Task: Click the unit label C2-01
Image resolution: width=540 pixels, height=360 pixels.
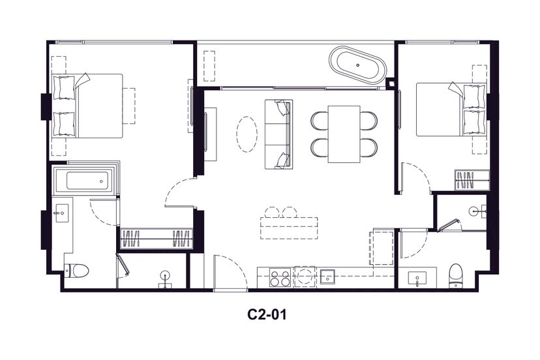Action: coord(267,314)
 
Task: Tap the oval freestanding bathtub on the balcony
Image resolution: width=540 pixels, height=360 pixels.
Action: coord(358,65)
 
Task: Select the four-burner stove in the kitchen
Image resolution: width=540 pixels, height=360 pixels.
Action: coord(280,278)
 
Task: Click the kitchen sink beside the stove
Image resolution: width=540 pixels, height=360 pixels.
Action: coord(327,277)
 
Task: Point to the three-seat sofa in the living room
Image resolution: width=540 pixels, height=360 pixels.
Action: coord(278,134)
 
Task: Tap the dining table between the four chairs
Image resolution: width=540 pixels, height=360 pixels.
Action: coord(344,134)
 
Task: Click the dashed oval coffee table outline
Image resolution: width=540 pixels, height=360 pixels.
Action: coord(247,134)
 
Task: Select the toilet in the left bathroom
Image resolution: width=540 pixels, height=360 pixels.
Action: coord(76,271)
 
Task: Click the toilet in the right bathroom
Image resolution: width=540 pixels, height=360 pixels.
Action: coord(456,275)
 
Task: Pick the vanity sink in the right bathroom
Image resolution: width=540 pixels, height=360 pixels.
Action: coord(417,278)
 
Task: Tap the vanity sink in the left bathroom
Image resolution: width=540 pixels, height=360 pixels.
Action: coord(63,213)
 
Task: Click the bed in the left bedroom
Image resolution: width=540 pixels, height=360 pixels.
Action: coord(87,106)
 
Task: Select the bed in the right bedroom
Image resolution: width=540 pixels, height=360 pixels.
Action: coord(451,109)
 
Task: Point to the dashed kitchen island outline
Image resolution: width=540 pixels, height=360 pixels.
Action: coord(289,228)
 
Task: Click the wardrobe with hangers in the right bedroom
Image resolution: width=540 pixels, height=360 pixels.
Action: coord(472,180)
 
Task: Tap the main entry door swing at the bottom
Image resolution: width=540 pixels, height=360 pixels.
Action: coord(230,271)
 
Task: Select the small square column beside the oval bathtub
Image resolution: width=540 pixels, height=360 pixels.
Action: coord(391,83)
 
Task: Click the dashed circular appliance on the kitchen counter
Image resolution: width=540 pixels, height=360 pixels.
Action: coord(305,277)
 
